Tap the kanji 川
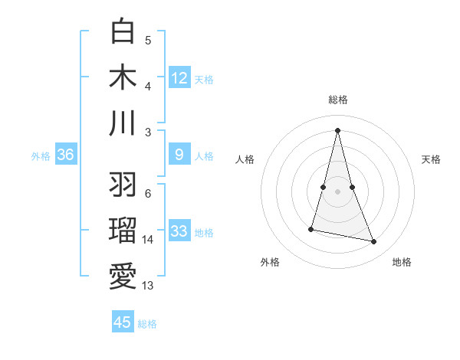pyautogui.click(x=123, y=123)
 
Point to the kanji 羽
pyautogui.click(x=123, y=185)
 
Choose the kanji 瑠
pyautogui.click(x=123, y=231)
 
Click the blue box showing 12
pyautogui.click(x=179, y=77)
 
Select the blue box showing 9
pyautogui.click(x=179, y=155)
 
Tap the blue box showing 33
pyautogui.click(x=179, y=231)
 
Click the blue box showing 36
pyautogui.click(x=66, y=155)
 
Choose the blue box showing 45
pyautogui.click(x=123, y=322)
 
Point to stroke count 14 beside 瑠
pyautogui.click(x=148, y=240)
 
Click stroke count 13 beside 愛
pyautogui.click(x=148, y=286)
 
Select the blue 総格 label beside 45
pyautogui.click(x=147, y=324)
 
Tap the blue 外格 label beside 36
pyautogui.click(x=41, y=156)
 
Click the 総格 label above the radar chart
pyautogui.click(x=337, y=100)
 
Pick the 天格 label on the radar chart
pyautogui.click(x=431, y=159)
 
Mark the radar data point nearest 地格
pyautogui.click(x=374, y=242)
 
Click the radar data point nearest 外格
pyautogui.click(x=312, y=228)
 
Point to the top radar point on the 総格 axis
pyautogui.click(x=337, y=129)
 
